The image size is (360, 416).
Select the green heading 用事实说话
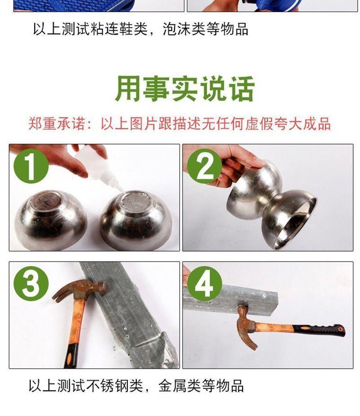click(x=184, y=89)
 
